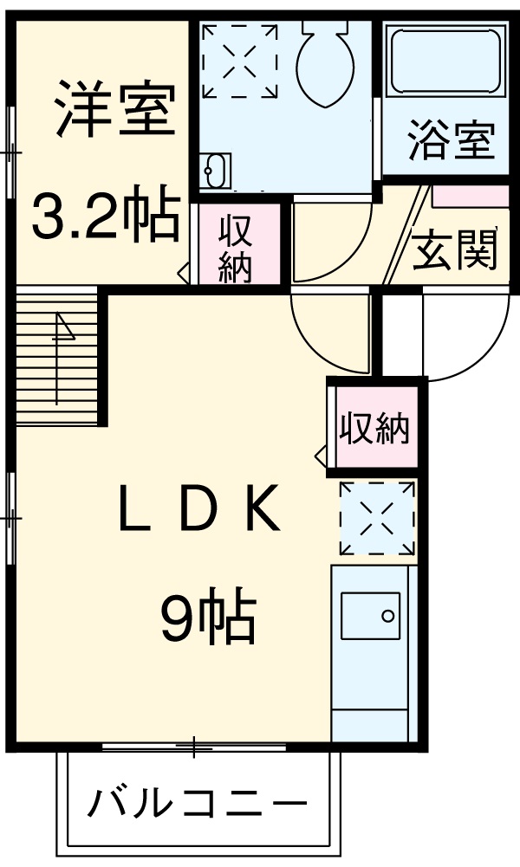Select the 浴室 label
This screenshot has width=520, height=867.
[x=451, y=140]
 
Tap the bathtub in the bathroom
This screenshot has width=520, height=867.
[x=445, y=61]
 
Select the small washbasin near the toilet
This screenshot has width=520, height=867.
[x=216, y=171]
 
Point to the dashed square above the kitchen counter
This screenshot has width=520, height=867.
[x=377, y=518]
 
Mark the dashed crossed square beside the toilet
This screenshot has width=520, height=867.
[x=240, y=58]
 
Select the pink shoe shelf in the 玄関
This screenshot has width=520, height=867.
[x=471, y=195]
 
